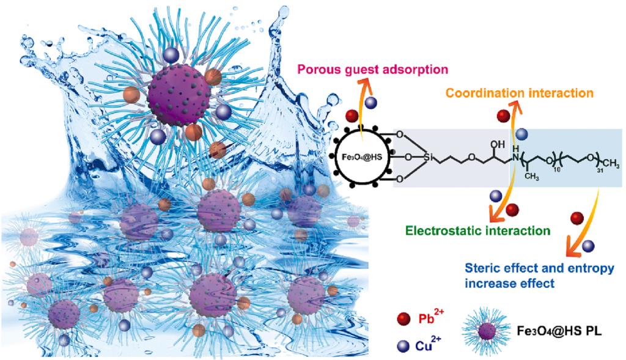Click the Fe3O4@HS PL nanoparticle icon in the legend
pyautogui.click(x=486, y=331)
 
